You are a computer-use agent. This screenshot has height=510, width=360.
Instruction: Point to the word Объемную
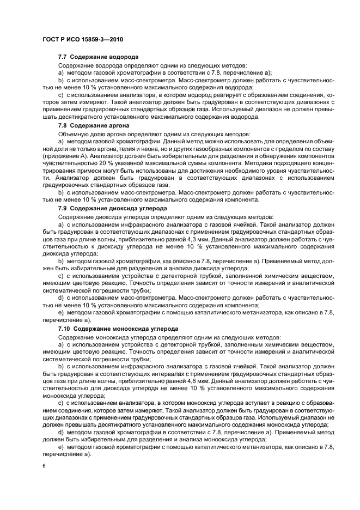[72, 133]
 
